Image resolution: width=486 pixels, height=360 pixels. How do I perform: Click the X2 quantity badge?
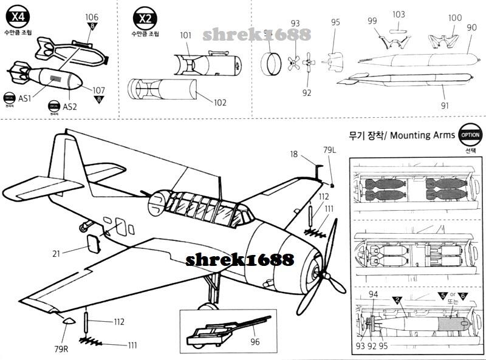click(x=145, y=18)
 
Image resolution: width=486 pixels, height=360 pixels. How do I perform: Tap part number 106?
click(x=92, y=16)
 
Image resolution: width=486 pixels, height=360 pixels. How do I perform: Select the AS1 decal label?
click(x=25, y=97)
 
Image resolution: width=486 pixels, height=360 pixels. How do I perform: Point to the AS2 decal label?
click(x=70, y=106)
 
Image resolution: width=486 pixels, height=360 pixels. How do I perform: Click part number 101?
click(x=186, y=35)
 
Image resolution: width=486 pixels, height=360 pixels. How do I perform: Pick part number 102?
click(x=219, y=103)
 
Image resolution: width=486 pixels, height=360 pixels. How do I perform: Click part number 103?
click(x=399, y=14)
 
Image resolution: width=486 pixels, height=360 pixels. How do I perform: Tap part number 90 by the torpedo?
click(x=471, y=27)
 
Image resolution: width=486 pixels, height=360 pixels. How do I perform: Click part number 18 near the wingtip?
click(x=294, y=155)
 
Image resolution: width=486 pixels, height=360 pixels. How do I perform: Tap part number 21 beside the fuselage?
click(x=56, y=253)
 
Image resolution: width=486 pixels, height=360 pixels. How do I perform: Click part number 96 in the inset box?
click(x=255, y=342)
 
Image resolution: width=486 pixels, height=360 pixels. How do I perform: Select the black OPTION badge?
click(x=470, y=135)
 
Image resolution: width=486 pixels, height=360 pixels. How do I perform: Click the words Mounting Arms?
click(x=422, y=135)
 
